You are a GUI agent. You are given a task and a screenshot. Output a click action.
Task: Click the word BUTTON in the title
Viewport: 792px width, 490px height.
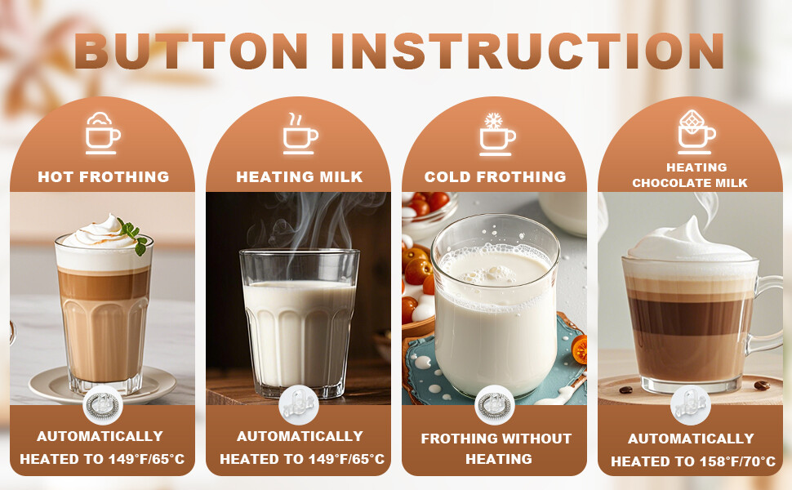tap(190, 51)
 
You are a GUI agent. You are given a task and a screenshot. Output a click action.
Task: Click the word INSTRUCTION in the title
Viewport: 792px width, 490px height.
tap(527, 51)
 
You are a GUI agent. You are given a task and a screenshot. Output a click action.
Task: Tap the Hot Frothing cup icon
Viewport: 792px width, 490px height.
tap(103, 133)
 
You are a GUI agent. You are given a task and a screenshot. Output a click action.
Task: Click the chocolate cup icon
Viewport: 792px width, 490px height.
tap(696, 131)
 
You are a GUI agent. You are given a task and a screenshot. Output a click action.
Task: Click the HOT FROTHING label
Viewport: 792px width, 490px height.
tap(104, 176)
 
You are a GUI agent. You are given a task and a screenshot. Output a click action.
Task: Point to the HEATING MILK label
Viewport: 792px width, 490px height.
tap(300, 176)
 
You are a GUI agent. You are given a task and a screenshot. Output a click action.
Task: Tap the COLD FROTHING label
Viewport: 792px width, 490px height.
tap(495, 176)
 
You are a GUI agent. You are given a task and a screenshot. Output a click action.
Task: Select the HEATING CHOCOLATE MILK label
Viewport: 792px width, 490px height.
tap(690, 175)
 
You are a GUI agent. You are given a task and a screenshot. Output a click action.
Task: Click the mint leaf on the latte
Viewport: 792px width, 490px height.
tap(133, 235)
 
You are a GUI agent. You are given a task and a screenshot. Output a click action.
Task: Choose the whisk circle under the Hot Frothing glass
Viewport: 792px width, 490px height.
tap(103, 405)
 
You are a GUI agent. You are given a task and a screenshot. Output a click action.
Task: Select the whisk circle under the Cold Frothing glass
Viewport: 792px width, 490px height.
tap(495, 405)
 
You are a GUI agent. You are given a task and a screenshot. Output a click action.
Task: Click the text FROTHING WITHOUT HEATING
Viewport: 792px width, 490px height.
tap(496, 448)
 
